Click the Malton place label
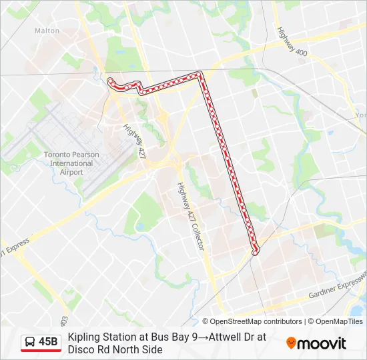click(x=47, y=31)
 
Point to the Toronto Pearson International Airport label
click(x=71, y=163)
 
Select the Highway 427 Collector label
click(x=191, y=217)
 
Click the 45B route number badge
click(x=48, y=342)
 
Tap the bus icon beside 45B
click(x=31, y=342)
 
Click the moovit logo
click(x=316, y=343)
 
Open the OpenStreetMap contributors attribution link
click(x=256, y=321)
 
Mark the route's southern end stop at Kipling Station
click(x=254, y=251)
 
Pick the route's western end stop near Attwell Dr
click(x=111, y=81)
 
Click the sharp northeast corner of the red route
click(x=200, y=73)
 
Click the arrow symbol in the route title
click(x=202, y=337)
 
